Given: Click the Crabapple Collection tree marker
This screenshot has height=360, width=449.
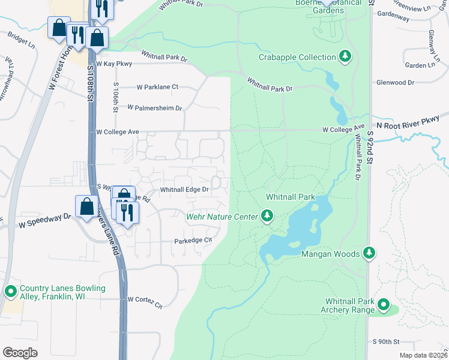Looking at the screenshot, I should tap(345, 57).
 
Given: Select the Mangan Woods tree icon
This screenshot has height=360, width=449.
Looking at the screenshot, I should tap(370, 254).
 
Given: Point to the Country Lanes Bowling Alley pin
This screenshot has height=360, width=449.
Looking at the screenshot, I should tap(10, 292).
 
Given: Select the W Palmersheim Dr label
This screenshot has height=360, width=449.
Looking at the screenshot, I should tap(154, 108).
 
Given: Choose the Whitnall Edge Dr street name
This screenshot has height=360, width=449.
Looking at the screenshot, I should tap(184, 190).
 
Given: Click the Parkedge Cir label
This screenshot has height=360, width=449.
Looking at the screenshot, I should tap(193, 241).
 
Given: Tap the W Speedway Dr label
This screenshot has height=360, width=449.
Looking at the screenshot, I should tap(41, 221).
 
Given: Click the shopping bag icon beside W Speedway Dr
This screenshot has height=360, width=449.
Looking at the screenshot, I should tap(86, 205).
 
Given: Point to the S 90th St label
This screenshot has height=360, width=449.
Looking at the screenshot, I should tap(386, 341).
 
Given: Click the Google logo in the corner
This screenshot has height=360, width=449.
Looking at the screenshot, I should tap(20, 353).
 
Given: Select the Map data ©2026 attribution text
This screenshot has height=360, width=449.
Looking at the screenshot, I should tap(423, 355).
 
